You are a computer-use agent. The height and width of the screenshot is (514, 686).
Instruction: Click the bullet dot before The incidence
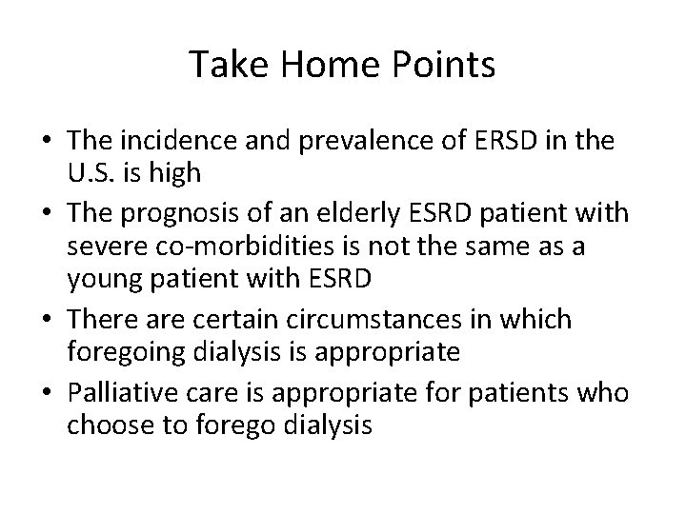[x=47, y=144]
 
